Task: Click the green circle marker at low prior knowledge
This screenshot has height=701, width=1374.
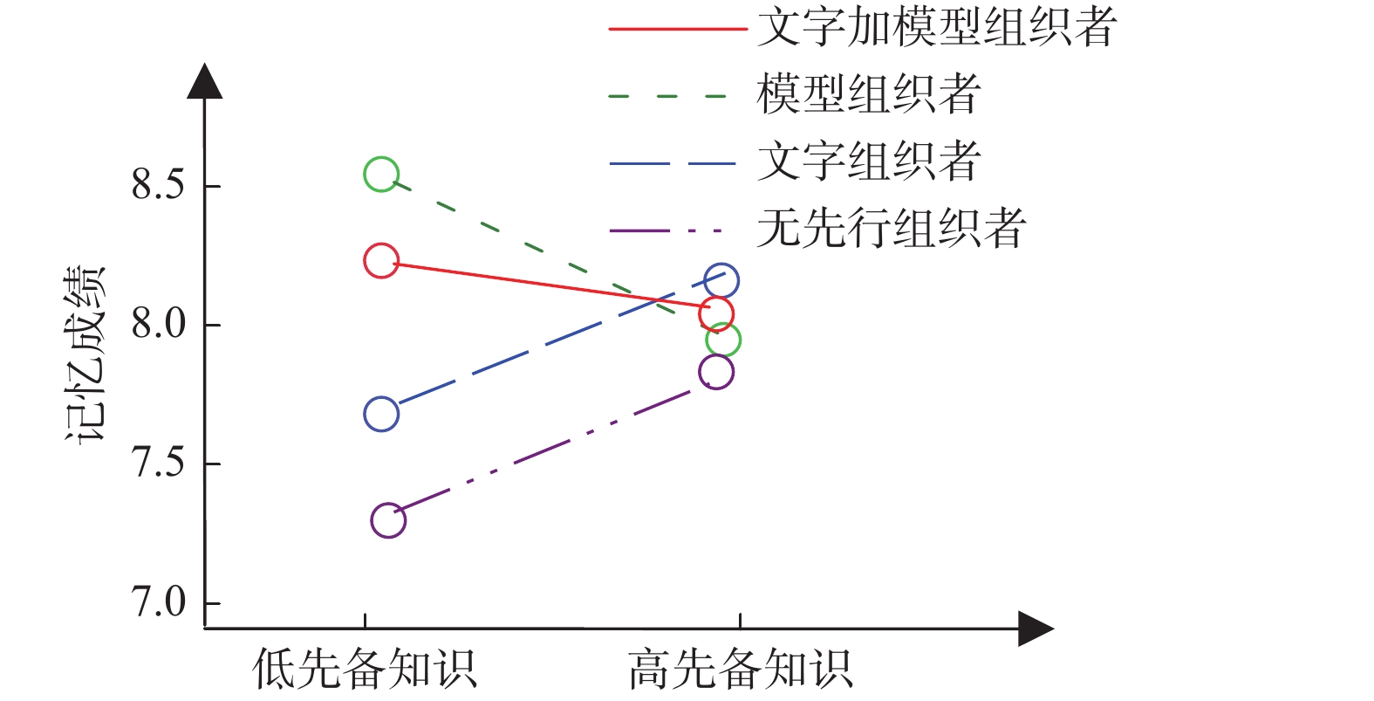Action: (x=381, y=175)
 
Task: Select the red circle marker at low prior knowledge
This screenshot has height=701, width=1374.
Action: (x=381, y=261)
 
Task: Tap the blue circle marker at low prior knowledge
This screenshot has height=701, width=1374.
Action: (x=381, y=414)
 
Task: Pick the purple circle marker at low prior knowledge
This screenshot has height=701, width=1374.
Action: (x=388, y=520)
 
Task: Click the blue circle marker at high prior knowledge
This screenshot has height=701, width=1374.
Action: (x=721, y=281)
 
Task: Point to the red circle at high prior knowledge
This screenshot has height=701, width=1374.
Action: (x=716, y=313)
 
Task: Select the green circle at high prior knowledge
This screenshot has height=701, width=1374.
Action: (x=723, y=340)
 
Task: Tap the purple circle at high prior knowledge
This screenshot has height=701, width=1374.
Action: (x=716, y=372)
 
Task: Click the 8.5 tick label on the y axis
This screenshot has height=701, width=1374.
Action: (x=158, y=185)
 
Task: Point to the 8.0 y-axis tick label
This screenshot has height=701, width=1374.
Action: (x=158, y=324)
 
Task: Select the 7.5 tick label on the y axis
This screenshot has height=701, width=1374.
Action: (x=158, y=463)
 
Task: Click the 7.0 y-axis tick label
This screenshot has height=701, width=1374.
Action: (x=158, y=602)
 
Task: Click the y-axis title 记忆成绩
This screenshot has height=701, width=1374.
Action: (x=86, y=354)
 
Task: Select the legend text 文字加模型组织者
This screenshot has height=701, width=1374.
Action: (x=936, y=28)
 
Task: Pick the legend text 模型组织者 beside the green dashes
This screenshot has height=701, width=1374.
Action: (x=869, y=94)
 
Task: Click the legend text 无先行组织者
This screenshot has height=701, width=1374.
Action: (x=891, y=229)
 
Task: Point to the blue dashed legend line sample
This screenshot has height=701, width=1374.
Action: (x=672, y=163)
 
